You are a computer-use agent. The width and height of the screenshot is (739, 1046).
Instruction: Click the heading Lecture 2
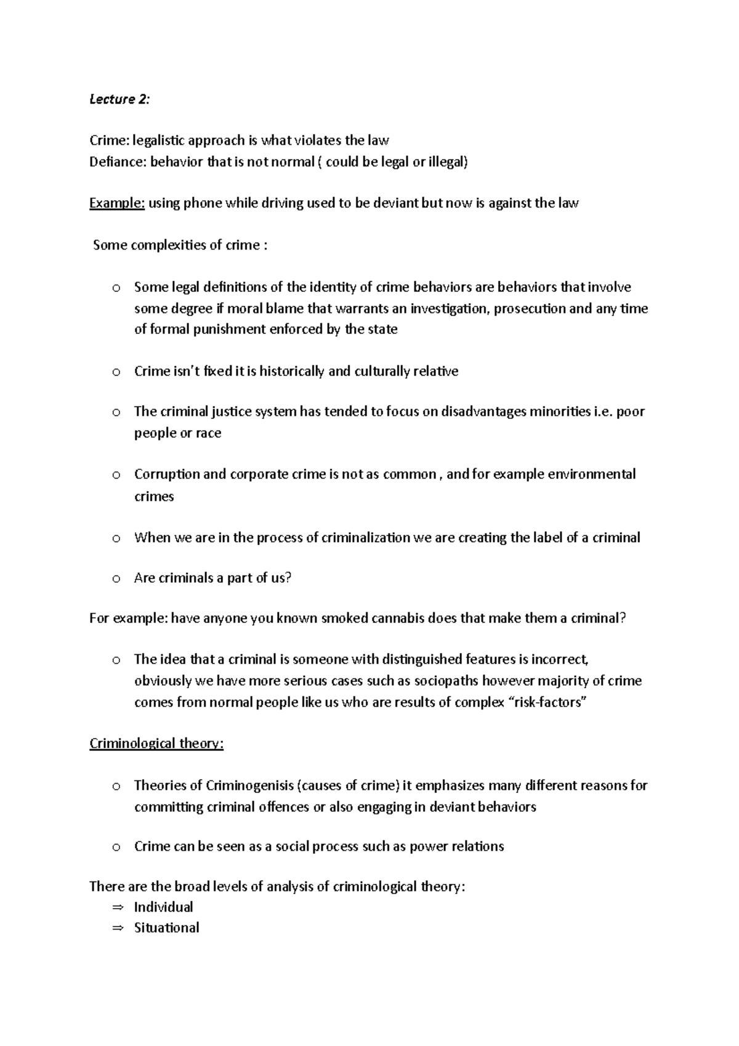119,100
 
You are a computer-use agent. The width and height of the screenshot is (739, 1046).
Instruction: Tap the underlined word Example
117,203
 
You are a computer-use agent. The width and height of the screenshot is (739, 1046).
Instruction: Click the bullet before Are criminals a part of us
116,579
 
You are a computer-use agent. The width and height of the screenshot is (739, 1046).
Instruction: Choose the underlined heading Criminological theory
156,744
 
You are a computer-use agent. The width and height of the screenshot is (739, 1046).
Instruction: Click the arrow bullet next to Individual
118,907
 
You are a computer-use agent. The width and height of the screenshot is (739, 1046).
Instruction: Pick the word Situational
166,928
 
